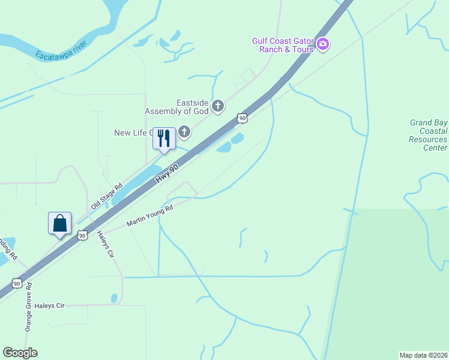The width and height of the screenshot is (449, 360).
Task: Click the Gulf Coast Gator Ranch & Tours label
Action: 283,45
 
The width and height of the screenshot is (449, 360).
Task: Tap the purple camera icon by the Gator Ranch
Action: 323,44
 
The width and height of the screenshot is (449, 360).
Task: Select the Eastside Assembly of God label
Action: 176,107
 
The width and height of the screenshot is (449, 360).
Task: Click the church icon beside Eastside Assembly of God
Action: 218,107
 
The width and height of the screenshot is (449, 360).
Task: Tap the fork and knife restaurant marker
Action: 163,138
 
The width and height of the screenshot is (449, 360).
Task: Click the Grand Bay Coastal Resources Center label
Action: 428,135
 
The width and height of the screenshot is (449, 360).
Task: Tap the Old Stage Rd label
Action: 106,197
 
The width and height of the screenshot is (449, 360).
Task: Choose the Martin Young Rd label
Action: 149,216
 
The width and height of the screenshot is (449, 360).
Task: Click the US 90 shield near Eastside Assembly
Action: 242,118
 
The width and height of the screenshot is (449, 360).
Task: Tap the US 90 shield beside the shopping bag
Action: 83,235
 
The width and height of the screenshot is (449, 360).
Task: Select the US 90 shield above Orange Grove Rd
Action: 17,283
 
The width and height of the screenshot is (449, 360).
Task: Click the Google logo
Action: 20,353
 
